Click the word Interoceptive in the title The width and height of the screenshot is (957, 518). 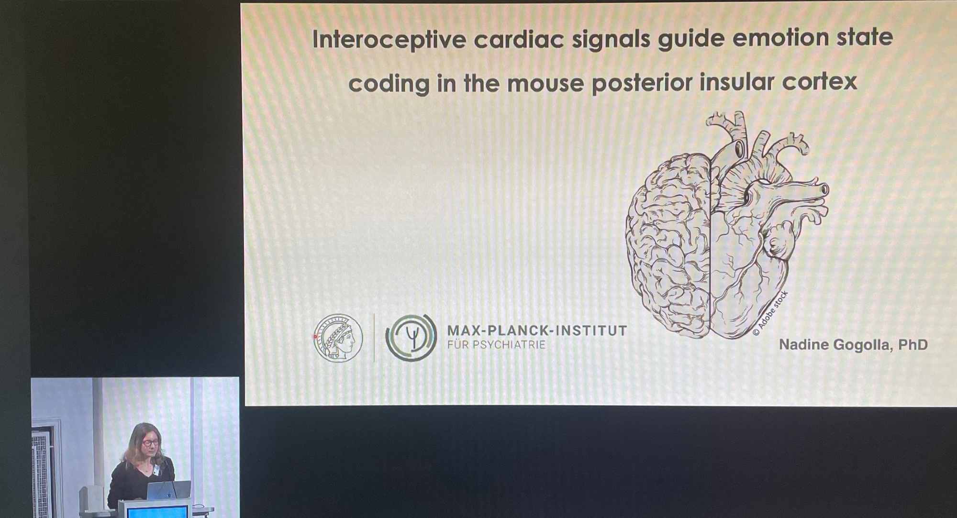pos(389,39)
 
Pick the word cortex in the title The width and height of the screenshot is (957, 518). pos(820,82)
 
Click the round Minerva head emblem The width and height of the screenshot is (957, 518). pos(338,337)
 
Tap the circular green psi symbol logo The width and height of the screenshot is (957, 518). pos(411,337)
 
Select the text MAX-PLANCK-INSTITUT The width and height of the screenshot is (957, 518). pos(537,331)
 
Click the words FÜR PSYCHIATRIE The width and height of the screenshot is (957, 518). pos(496,345)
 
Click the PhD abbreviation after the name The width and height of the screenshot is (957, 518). pos(913,344)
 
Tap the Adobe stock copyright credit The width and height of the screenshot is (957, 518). pos(770,313)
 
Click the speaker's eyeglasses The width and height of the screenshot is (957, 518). pos(150,442)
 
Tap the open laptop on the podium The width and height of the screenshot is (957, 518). pos(168,490)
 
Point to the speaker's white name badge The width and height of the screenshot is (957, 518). pos(156,470)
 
